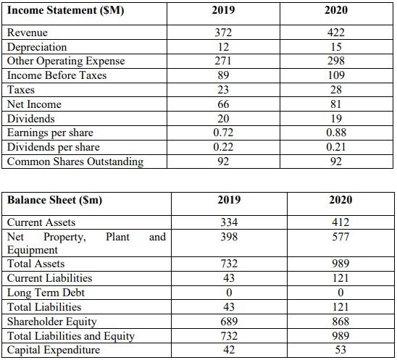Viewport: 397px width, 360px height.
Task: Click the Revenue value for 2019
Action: [x=223, y=33]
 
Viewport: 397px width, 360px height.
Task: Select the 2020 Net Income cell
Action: [x=336, y=104]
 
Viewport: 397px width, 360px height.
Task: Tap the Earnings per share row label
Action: [x=50, y=133]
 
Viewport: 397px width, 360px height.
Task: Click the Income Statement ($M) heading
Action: [x=66, y=11]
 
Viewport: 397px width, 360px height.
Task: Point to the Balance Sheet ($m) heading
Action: [x=54, y=200]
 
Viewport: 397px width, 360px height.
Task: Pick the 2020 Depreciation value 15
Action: [x=336, y=47]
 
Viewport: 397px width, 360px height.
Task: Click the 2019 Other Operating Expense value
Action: [x=223, y=61]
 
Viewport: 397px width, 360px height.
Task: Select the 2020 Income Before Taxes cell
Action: [x=336, y=75]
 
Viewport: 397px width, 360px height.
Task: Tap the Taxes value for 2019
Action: [x=223, y=90]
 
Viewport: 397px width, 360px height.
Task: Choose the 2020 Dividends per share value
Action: [x=336, y=147]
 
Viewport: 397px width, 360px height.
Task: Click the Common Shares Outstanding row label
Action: [x=75, y=162]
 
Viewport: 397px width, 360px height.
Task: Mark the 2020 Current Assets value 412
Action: [x=340, y=222]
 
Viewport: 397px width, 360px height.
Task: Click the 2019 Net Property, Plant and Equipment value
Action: [x=229, y=237]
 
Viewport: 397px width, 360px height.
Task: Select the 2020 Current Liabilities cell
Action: [x=340, y=278]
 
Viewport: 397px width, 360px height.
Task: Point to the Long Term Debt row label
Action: [x=46, y=293]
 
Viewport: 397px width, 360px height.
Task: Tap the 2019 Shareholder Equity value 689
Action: [x=229, y=322]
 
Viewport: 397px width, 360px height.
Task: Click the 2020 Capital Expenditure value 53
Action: [x=340, y=350]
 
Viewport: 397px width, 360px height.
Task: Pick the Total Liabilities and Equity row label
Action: [x=71, y=336]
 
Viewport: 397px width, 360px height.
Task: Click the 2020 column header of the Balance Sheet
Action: [x=340, y=200]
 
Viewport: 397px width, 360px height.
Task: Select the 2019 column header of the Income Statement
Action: [x=223, y=10]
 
